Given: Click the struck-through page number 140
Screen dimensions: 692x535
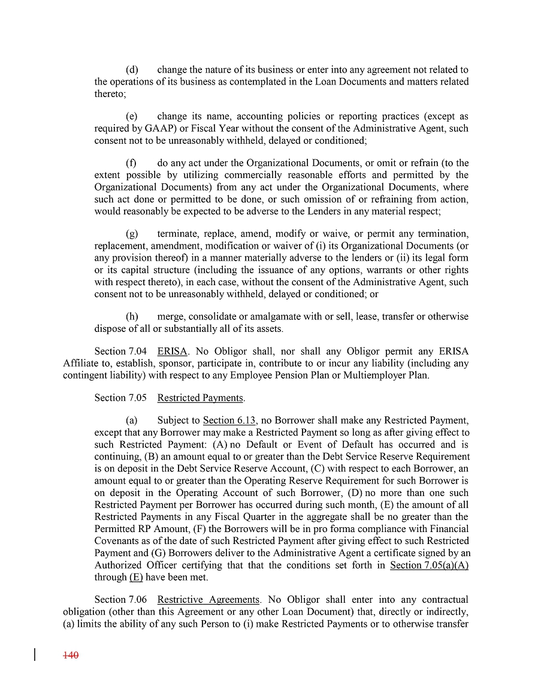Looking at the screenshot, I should (71, 655).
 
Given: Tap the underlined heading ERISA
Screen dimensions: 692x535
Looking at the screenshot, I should (172, 350).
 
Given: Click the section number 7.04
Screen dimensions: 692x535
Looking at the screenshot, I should (137, 350).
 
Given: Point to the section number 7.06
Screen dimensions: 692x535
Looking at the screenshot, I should (137, 599).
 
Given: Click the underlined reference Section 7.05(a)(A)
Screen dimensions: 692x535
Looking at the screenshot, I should (429, 565).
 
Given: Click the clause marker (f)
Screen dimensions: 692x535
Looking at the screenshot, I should (131, 163).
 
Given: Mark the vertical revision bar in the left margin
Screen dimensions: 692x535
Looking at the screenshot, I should (35, 654).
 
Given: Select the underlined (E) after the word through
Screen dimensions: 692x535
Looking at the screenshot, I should (136, 577).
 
